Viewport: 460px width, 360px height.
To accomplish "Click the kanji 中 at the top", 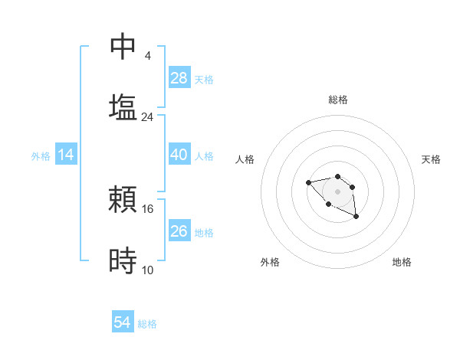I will [123, 47].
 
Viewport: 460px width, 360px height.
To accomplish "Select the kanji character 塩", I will [123, 106].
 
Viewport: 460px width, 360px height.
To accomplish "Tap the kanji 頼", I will [123, 200].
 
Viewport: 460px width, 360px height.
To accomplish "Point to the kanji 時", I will [123, 260].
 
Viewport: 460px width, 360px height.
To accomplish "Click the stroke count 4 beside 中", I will [148, 56].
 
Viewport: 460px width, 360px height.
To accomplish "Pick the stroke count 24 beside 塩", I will [148, 116].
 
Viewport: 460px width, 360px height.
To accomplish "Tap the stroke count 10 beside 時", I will [148, 270].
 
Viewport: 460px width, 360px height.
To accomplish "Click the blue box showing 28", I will [179, 78].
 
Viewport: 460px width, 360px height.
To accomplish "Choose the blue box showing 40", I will [179, 155].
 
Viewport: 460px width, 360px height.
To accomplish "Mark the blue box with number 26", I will [179, 231].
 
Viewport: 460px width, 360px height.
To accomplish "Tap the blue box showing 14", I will [66, 155].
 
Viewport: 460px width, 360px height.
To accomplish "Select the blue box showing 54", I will [123, 322].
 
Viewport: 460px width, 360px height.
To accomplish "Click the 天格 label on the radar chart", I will [431, 159].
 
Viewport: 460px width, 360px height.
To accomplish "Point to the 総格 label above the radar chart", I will [337, 100].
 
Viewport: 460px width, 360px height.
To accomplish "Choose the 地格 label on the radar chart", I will [402, 262].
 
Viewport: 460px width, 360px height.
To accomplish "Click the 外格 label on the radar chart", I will [270, 262].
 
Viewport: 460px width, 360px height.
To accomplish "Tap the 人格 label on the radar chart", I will [245, 159].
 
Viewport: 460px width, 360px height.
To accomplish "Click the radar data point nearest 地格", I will [356, 218].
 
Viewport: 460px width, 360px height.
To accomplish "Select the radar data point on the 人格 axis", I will [308, 182].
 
